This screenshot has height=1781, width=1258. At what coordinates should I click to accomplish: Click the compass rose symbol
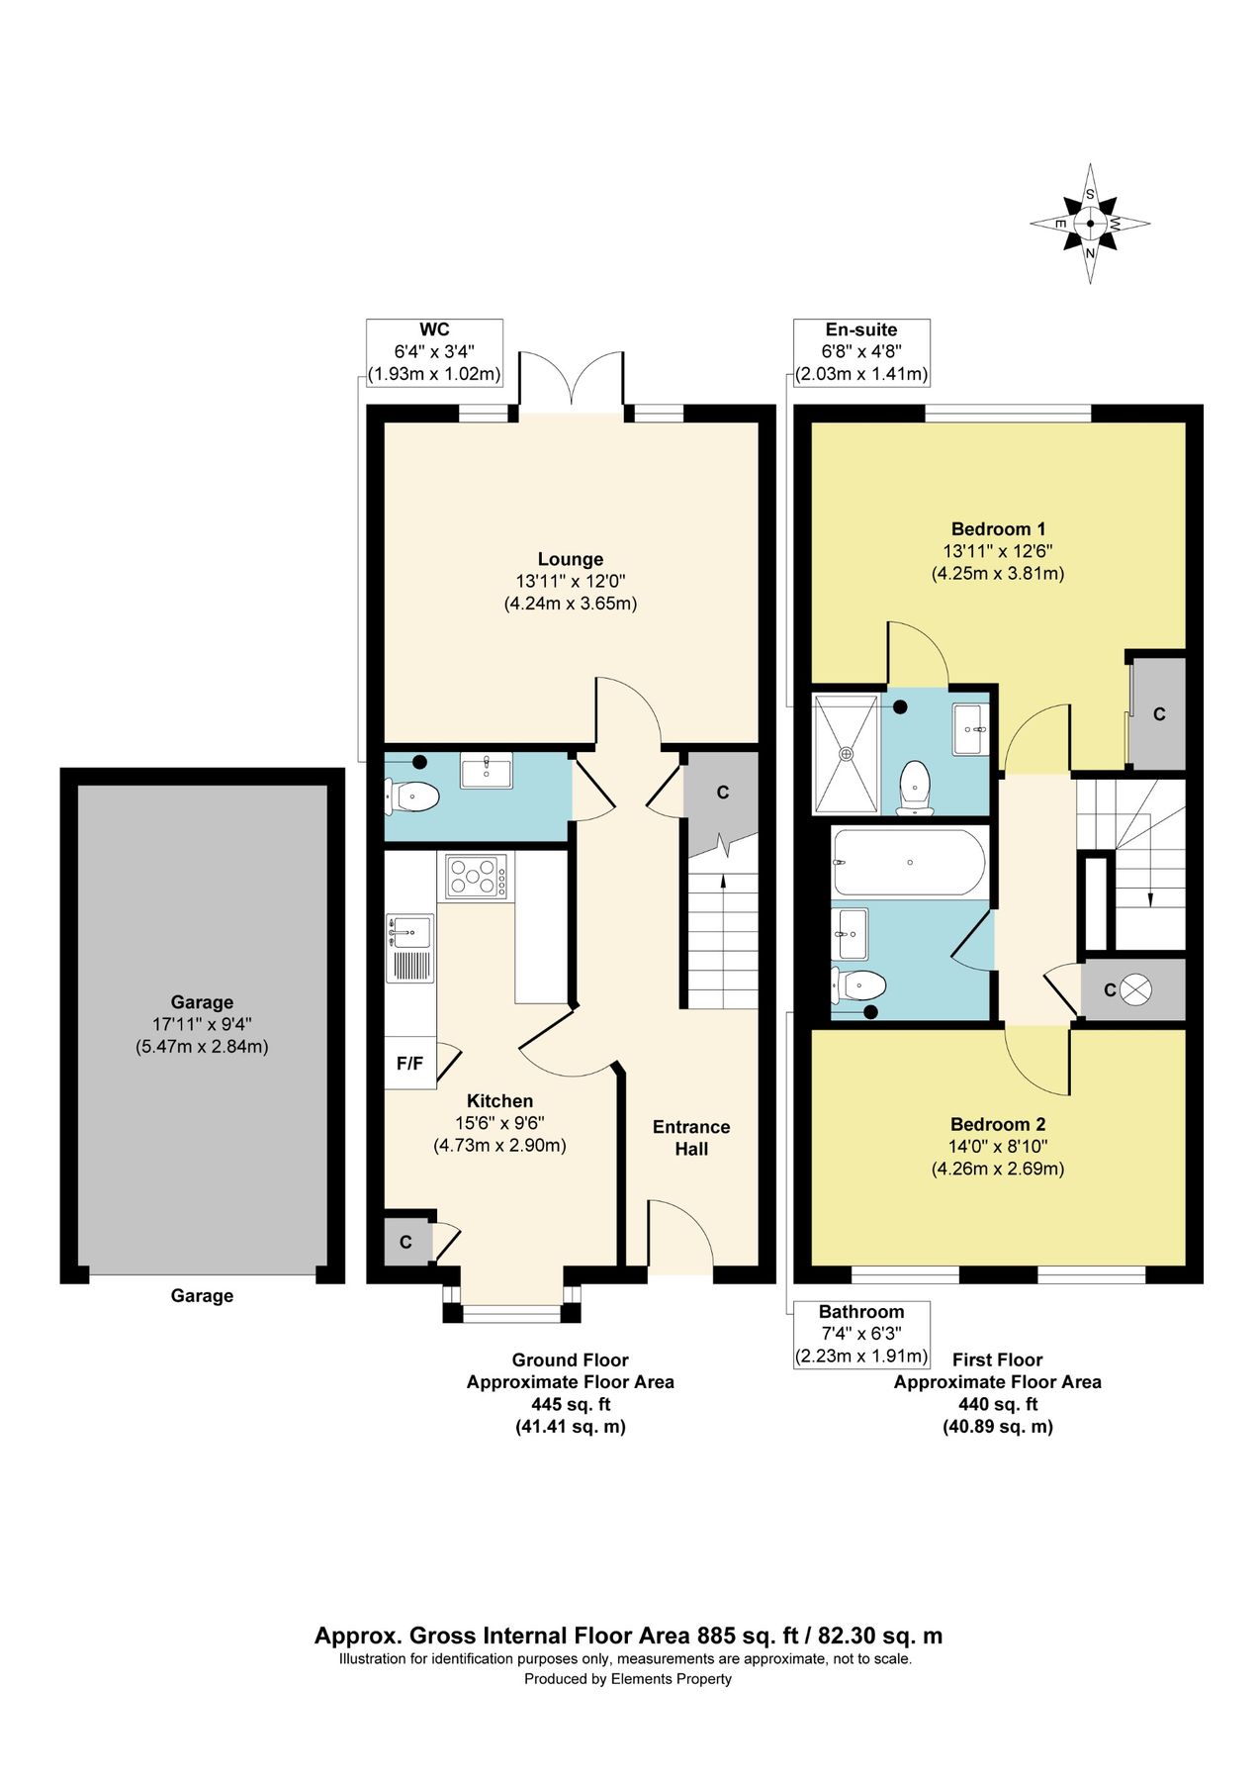1090,224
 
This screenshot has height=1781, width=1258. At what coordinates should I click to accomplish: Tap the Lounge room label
571,559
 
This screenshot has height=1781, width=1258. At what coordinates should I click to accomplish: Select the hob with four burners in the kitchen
477,877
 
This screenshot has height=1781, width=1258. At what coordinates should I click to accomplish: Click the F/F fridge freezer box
409,1064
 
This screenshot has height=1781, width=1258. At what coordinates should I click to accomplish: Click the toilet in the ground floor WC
414,796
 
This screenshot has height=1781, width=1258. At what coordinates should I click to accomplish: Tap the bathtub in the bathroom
909,862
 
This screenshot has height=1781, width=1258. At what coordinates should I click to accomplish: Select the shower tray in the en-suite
846,754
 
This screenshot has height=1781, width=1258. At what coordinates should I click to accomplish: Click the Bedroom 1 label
998,528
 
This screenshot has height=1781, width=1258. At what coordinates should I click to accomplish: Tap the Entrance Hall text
691,1138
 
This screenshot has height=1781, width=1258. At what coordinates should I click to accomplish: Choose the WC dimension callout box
434,352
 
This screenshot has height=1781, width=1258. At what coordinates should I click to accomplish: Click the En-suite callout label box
861,352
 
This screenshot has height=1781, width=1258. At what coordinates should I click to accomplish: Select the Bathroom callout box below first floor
861,1334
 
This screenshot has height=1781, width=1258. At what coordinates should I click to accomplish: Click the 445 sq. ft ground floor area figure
571,1404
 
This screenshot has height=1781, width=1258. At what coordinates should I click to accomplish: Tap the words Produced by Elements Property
628,1679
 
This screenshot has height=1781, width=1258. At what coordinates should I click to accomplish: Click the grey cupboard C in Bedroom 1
1159,713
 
